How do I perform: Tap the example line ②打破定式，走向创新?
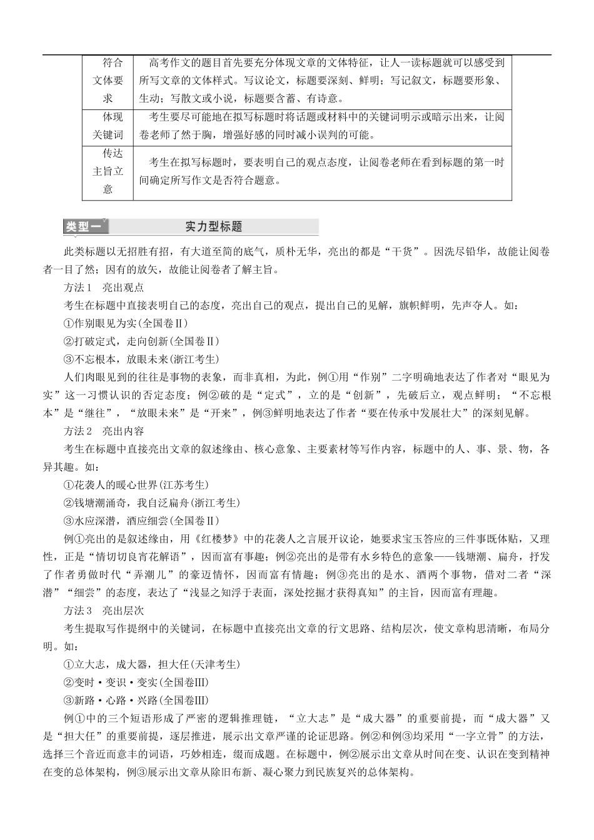point(141,341)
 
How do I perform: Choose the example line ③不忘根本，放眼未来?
point(141,359)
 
